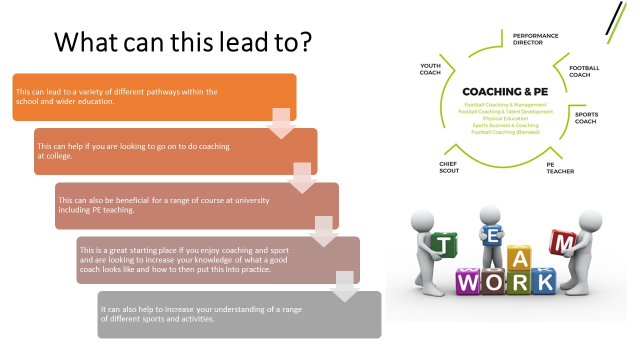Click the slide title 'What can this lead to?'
click(x=183, y=42)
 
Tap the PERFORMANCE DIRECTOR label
click(x=535, y=39)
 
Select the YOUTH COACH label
click(x=430, y=69)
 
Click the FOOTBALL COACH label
click(x=584, y=71)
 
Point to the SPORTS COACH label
click(x=586, y=118)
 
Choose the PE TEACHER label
click(x=560, y=168)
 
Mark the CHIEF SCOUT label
click(x=449, y=167)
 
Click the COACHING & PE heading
click(x=505, y=91)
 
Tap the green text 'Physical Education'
click(x=505, y=118)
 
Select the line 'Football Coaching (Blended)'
click(x=505, y=132)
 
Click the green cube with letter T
click(x=443, y=244)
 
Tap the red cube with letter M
click(x=562, y=242)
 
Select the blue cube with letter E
click(x=492, y=235)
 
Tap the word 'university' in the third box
click(x=252, y=200)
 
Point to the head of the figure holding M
click(x=590, y=220)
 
